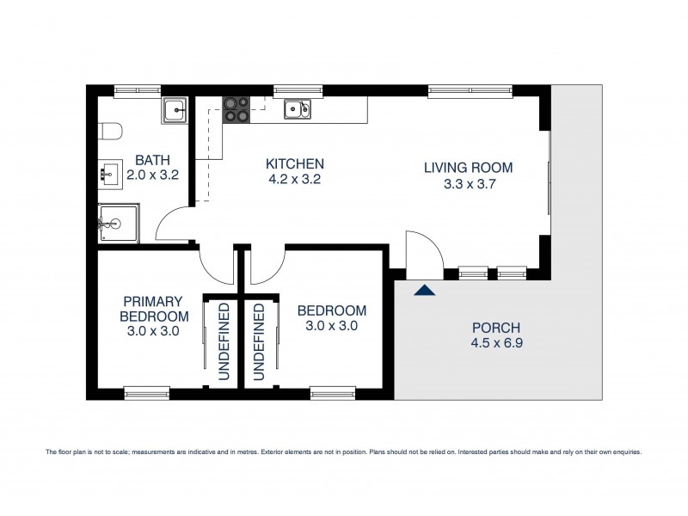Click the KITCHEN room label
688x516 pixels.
(x=294, y=163)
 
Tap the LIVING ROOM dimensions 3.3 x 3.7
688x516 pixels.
(x=468, y=183)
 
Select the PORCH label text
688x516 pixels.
(x=496, y=328)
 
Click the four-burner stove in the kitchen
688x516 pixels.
(x=236, y=109)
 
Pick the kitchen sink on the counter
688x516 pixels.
(x=297, y=108)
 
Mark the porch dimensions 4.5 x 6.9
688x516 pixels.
(x=496, y=343)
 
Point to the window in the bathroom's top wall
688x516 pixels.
(x=138, y=89)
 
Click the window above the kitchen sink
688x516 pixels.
(x=298, y=89)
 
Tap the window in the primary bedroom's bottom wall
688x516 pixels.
(x=147, y=394)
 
